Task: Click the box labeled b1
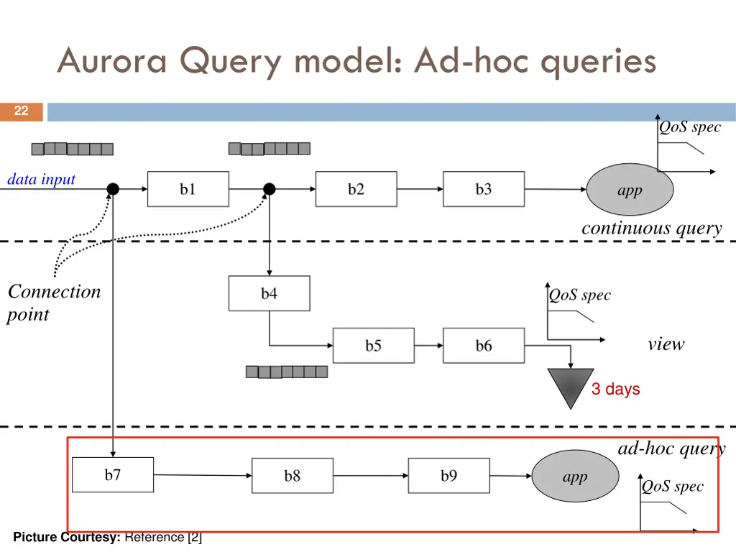(x=188, y=189)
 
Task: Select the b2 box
(x=356, y=189)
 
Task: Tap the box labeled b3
(x=483, y=189)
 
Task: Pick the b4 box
(x=269, y=293)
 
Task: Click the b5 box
(x=373, y=346)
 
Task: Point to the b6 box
(x=483, y=346)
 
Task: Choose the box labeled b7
(x=113, y=474)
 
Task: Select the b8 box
(x=292, y=476)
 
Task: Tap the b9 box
(x=448, y=476)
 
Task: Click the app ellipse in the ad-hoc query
(x=575, y=477)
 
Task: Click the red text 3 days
(x=615, y=389)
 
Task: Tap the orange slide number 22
(x=22, y=111)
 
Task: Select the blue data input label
(x=41, y=179)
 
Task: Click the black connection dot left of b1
(x=113, y=189)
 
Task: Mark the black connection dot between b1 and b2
(x=269, y=189)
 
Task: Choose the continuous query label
(x=651, y=229)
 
